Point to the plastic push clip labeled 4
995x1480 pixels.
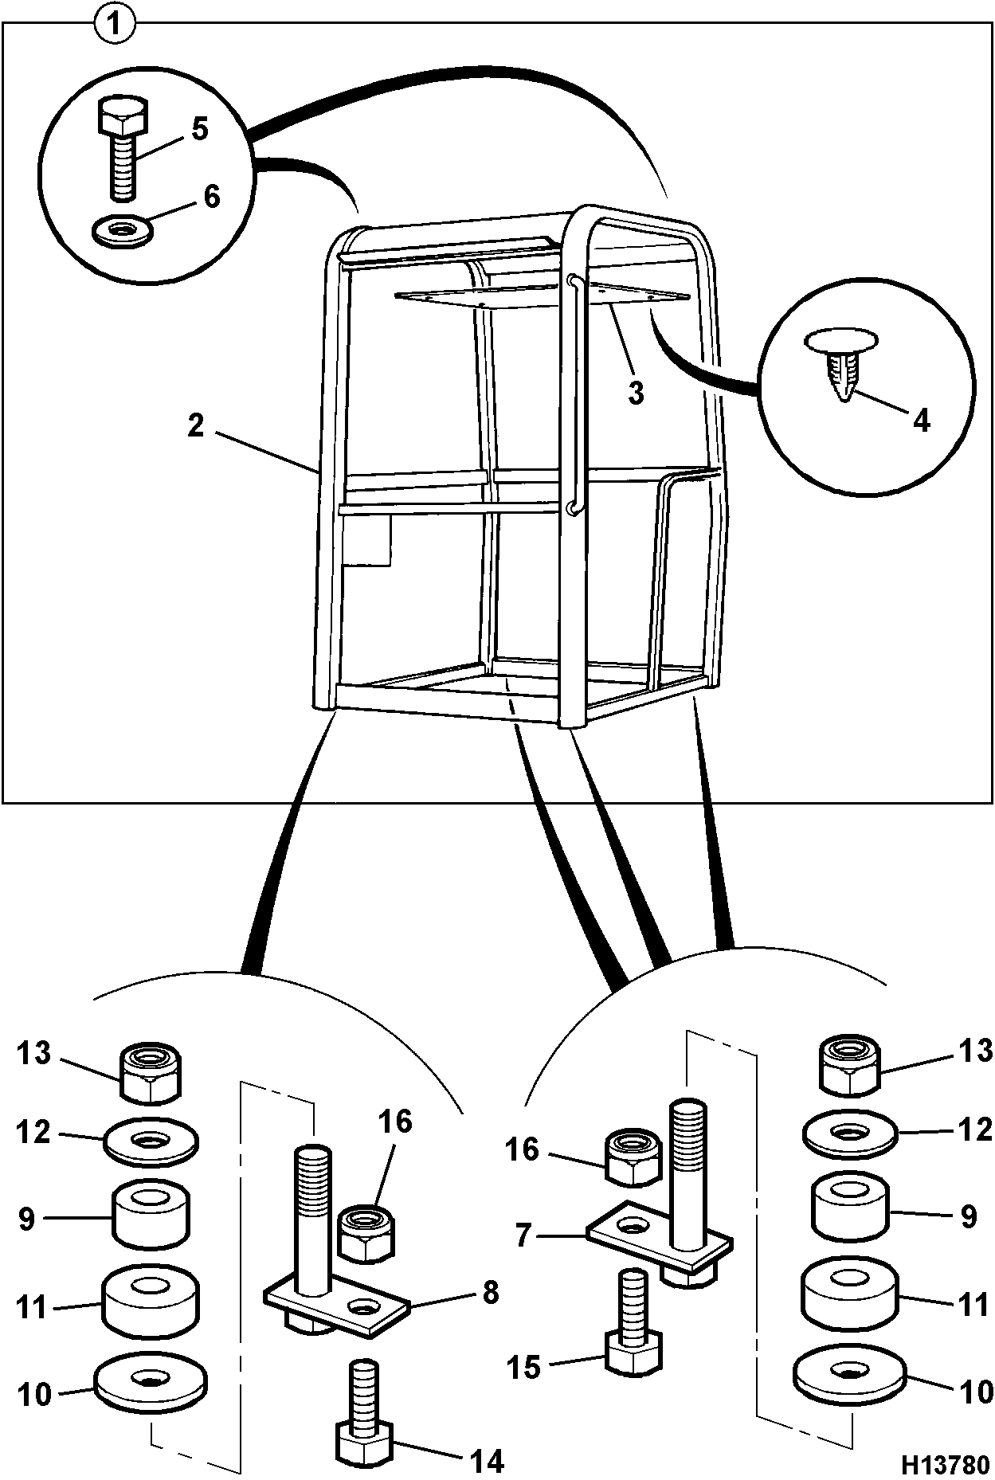tap(842, 362)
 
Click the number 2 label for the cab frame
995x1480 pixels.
tap(196, 425)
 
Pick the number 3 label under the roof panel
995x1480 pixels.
tap(635, 392)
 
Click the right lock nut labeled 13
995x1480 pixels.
tap(849, 1064)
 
